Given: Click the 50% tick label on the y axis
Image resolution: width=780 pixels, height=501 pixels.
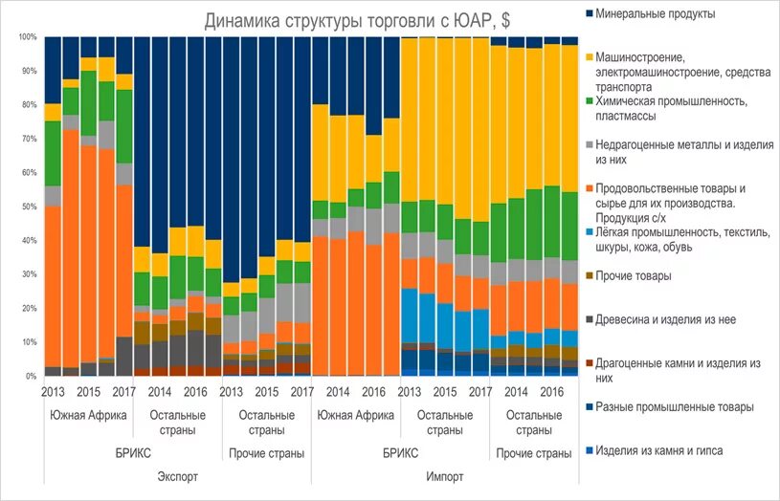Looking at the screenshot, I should click(28, 207).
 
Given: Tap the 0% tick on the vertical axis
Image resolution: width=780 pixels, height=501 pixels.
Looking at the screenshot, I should click(31, 376).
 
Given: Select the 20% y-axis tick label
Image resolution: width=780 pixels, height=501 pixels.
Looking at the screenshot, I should click(28, 308).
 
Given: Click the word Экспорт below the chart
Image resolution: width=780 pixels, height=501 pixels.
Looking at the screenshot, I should click(174, 474).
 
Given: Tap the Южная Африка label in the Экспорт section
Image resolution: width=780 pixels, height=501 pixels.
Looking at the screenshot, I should click(83, 415).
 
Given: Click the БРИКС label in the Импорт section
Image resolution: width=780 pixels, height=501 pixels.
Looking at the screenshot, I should click(400, 451).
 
